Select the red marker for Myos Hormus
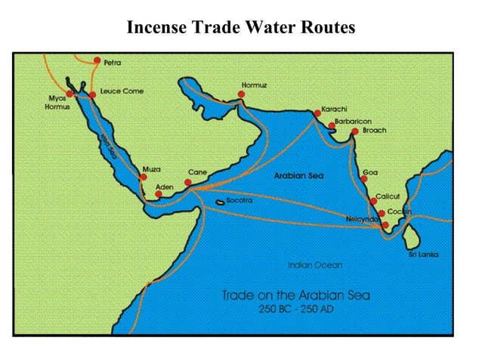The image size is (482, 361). (x=70, y=94)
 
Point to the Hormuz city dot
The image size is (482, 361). (x=241, y=95)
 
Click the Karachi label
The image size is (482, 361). (x=334, y=110)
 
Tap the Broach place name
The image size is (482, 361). (x=375, y=130)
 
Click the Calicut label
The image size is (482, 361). (x=388, y=196)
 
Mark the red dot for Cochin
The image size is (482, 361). (x=382, y=213)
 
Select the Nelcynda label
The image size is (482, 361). (x=362, y=218)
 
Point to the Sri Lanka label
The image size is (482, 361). (x=424, y=255)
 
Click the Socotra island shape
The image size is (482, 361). (x=220, y=202)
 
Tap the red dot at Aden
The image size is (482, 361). (x=159, y=194)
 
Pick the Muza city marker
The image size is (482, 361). (x=144, y=177)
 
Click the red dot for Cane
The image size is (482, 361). (x=188, y=182)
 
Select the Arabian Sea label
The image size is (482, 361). (x=298, y=175)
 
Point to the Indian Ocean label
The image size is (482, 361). (x=315, y=265)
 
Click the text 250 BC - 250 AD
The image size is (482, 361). (x=295, y=310)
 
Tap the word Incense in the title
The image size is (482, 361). (x=156, y=28)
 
